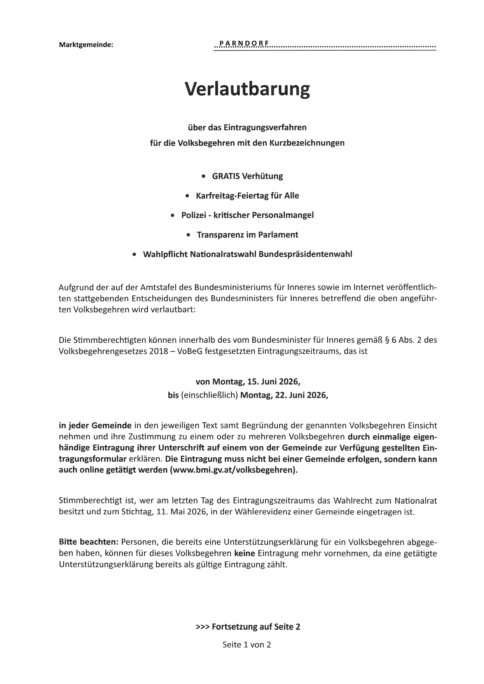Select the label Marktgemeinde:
(x=86, y=45)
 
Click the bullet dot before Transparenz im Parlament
(x=188, y=235)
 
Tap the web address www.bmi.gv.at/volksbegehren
(x=233, y=470)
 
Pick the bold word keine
(x=245, y=553)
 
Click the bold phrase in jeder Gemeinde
(x=95, y=425)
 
